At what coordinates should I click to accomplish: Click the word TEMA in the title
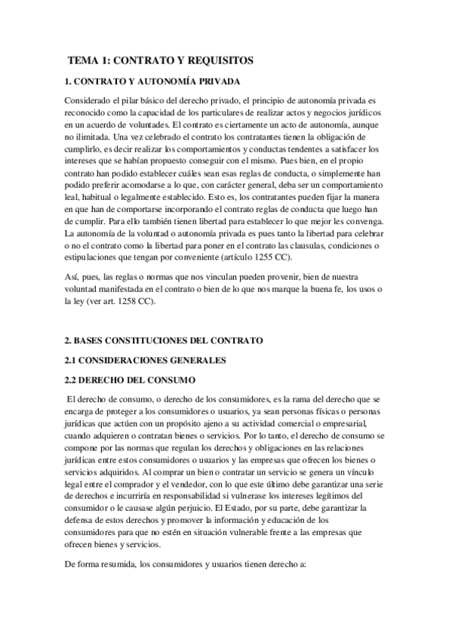[x=82, y=60]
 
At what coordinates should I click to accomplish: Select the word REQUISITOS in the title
[x=218, y=60]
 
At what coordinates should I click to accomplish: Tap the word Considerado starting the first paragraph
[x=89, y=100]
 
